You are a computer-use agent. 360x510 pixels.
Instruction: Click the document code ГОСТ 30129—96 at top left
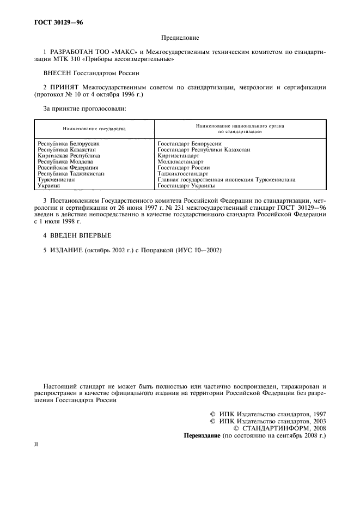tap(56, 23)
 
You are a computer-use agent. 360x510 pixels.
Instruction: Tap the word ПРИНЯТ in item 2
tap(64, 87)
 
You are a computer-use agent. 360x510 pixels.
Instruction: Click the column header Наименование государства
tap(94, 129)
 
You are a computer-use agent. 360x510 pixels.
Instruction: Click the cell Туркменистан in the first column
tap(56, 179)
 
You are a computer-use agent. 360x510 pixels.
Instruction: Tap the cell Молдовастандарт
tap(180, 162)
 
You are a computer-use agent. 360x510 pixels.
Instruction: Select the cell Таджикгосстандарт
tap(182, 174)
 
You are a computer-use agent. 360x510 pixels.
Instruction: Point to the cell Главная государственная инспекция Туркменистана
tap(226, 179)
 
